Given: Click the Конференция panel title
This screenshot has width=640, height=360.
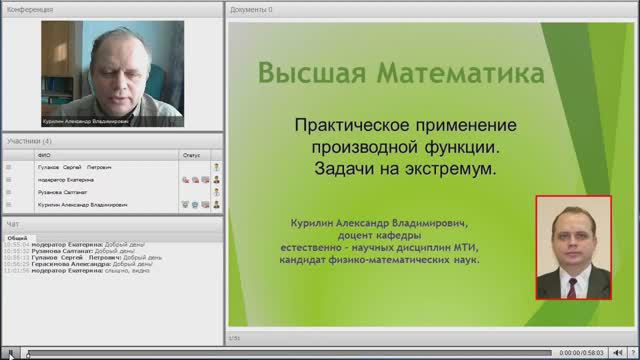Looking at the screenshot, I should click(30, 9).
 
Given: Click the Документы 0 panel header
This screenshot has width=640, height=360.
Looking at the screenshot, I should click(251, 9).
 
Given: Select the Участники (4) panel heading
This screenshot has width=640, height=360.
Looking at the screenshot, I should click(29, 141).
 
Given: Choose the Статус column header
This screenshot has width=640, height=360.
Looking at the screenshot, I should click(191, 155).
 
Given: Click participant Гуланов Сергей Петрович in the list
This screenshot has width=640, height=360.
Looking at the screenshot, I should click(74, 167).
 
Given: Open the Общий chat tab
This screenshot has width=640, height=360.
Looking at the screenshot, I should click(17, 238).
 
